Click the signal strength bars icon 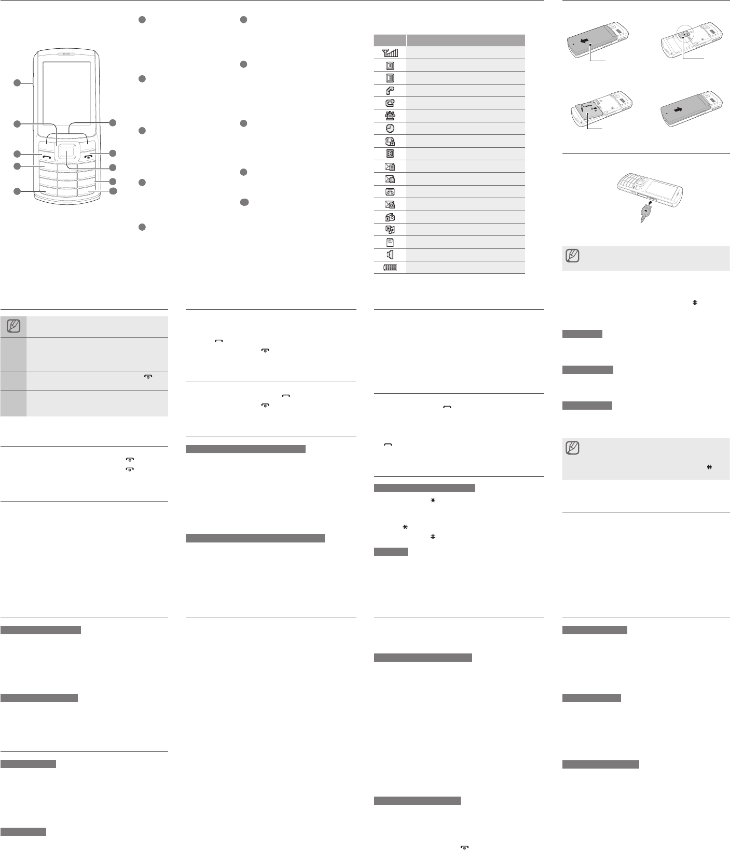[x=390, y=52]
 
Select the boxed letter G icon [x=390, y=65]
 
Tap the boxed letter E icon [x=390, y=78]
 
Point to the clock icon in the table [x=390, y=128]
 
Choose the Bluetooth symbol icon [x=390, y=154]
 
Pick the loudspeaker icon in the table [x=390, y=255]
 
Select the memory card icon [x=390, y=242]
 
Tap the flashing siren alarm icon [x=390, y=116]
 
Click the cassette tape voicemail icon [x=390, y=191]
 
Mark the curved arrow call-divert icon [x=390, y=103]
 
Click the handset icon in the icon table [x=390, y=90]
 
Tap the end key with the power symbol [x=87, y=156]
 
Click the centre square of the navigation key [x=66, y=151]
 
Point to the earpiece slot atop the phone [x=66, y=53]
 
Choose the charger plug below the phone [x=645, y=212]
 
